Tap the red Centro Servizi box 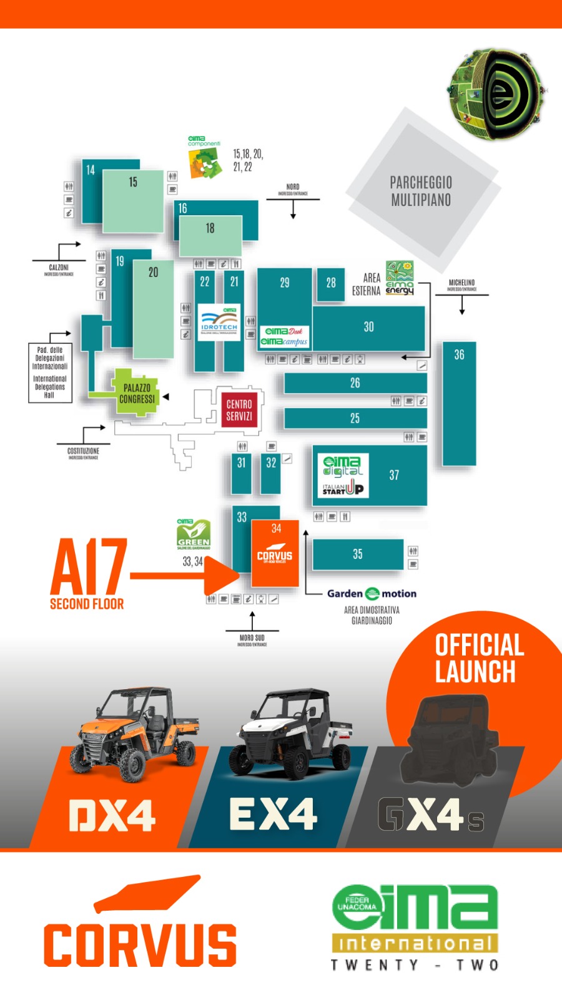point(239,410)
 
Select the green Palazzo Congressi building point(136,394)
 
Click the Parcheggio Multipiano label point(421,191)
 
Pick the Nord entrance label point(293,189)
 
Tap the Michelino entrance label point(461,285)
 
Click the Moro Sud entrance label point(252,640)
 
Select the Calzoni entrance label point(59,269)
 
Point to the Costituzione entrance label point(83,453)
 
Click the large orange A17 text point(89,568)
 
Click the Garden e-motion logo point(372,593)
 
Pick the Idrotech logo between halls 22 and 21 point(219,322)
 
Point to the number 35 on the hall point(357,554)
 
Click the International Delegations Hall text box point(50,372)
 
